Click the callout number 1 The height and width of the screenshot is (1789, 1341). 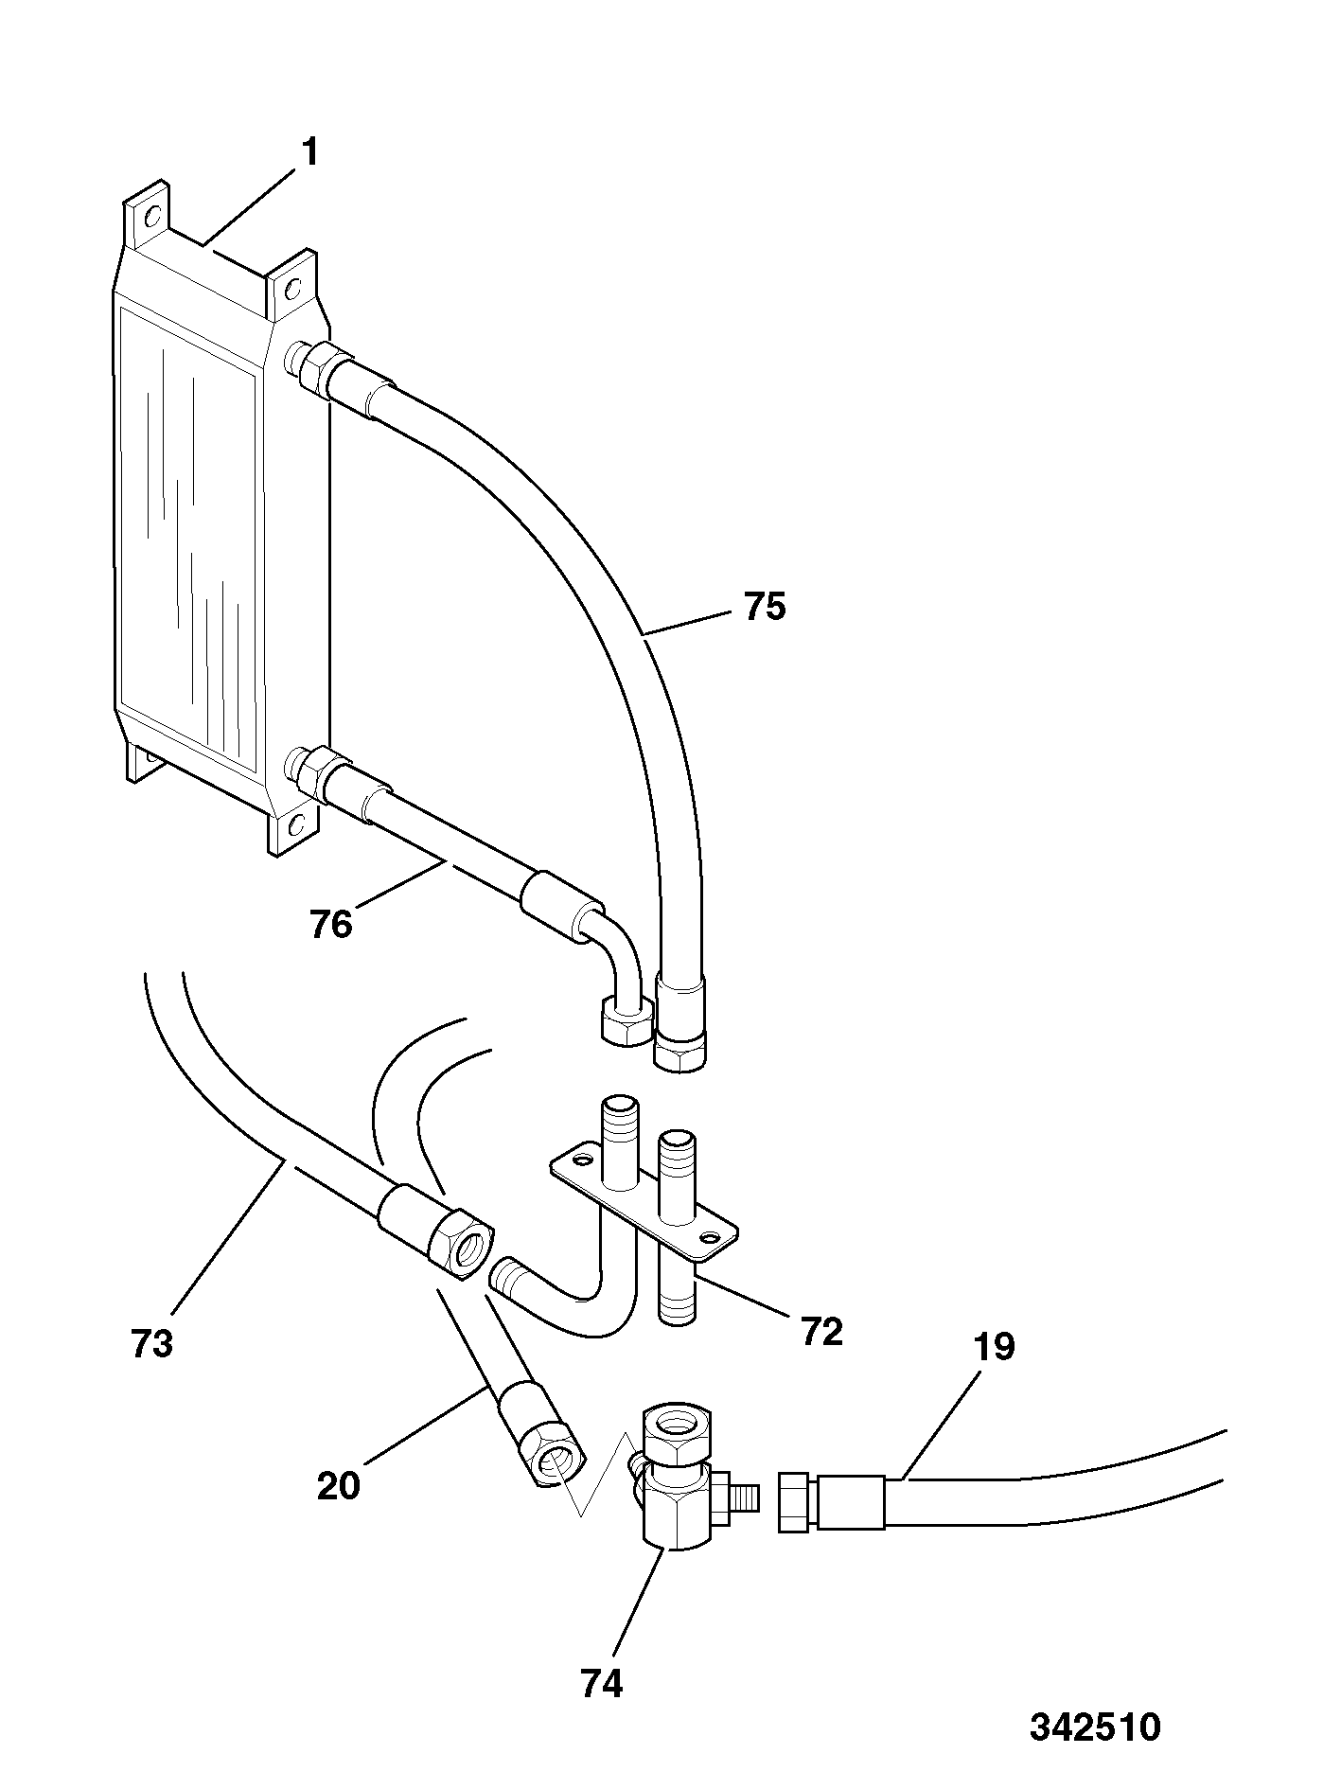click(x=309, y=153)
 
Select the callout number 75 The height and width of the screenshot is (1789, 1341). click(x=765, y=607)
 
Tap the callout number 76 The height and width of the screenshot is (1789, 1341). click(x=331, y=924)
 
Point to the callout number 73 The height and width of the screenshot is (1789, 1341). click(x=152, y=1343)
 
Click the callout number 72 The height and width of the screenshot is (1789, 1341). click(x=820, y=1332)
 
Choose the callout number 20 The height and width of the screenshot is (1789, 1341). click(x=339, y=1485)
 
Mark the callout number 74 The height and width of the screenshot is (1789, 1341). click(x=602, y=1684)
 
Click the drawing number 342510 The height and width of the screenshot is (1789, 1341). click(x=1095, y=1727)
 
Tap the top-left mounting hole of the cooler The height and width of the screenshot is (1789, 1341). click(x=149, y=216)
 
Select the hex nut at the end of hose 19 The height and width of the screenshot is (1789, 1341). click(x=793, y=1502)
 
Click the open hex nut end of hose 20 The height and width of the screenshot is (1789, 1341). click(x=552, y=1465)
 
